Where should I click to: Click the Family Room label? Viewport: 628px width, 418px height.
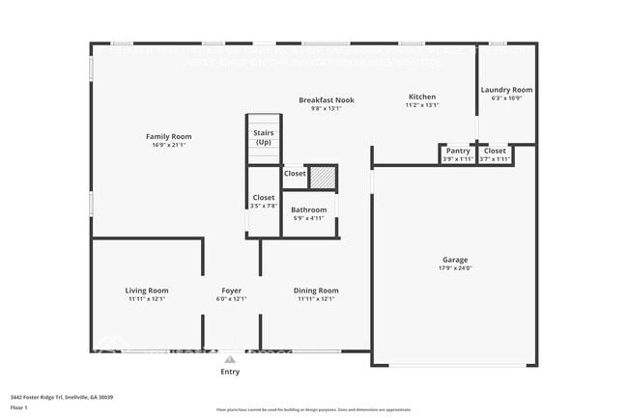coord(169,137)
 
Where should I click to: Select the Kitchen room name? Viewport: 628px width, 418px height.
coord(422,97)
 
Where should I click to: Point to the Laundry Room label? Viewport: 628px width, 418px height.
coord(506,90)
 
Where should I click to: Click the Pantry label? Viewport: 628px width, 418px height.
coord(458,151)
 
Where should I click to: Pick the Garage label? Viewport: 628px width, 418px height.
coord(455,260)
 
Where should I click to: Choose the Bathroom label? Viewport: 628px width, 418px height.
coord(309,209)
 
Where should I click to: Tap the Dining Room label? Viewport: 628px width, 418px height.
coord(316,290)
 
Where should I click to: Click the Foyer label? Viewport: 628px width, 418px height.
coord(231,290)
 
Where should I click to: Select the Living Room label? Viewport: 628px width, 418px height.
coord(147,290)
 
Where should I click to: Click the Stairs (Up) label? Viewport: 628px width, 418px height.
coord(263,137)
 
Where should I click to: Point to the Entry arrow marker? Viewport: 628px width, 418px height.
coord(230,359)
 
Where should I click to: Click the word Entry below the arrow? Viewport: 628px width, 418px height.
coord(230,372)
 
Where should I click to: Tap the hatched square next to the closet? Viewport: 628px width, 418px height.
coord(322,177)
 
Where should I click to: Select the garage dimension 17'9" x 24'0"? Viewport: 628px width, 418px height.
coord(455,268)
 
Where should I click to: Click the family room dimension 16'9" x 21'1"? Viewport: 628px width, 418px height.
coord(169,146)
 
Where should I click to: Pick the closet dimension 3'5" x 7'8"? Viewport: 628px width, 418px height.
coord(264,206)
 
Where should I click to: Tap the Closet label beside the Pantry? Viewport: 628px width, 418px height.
coord(495,151)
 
